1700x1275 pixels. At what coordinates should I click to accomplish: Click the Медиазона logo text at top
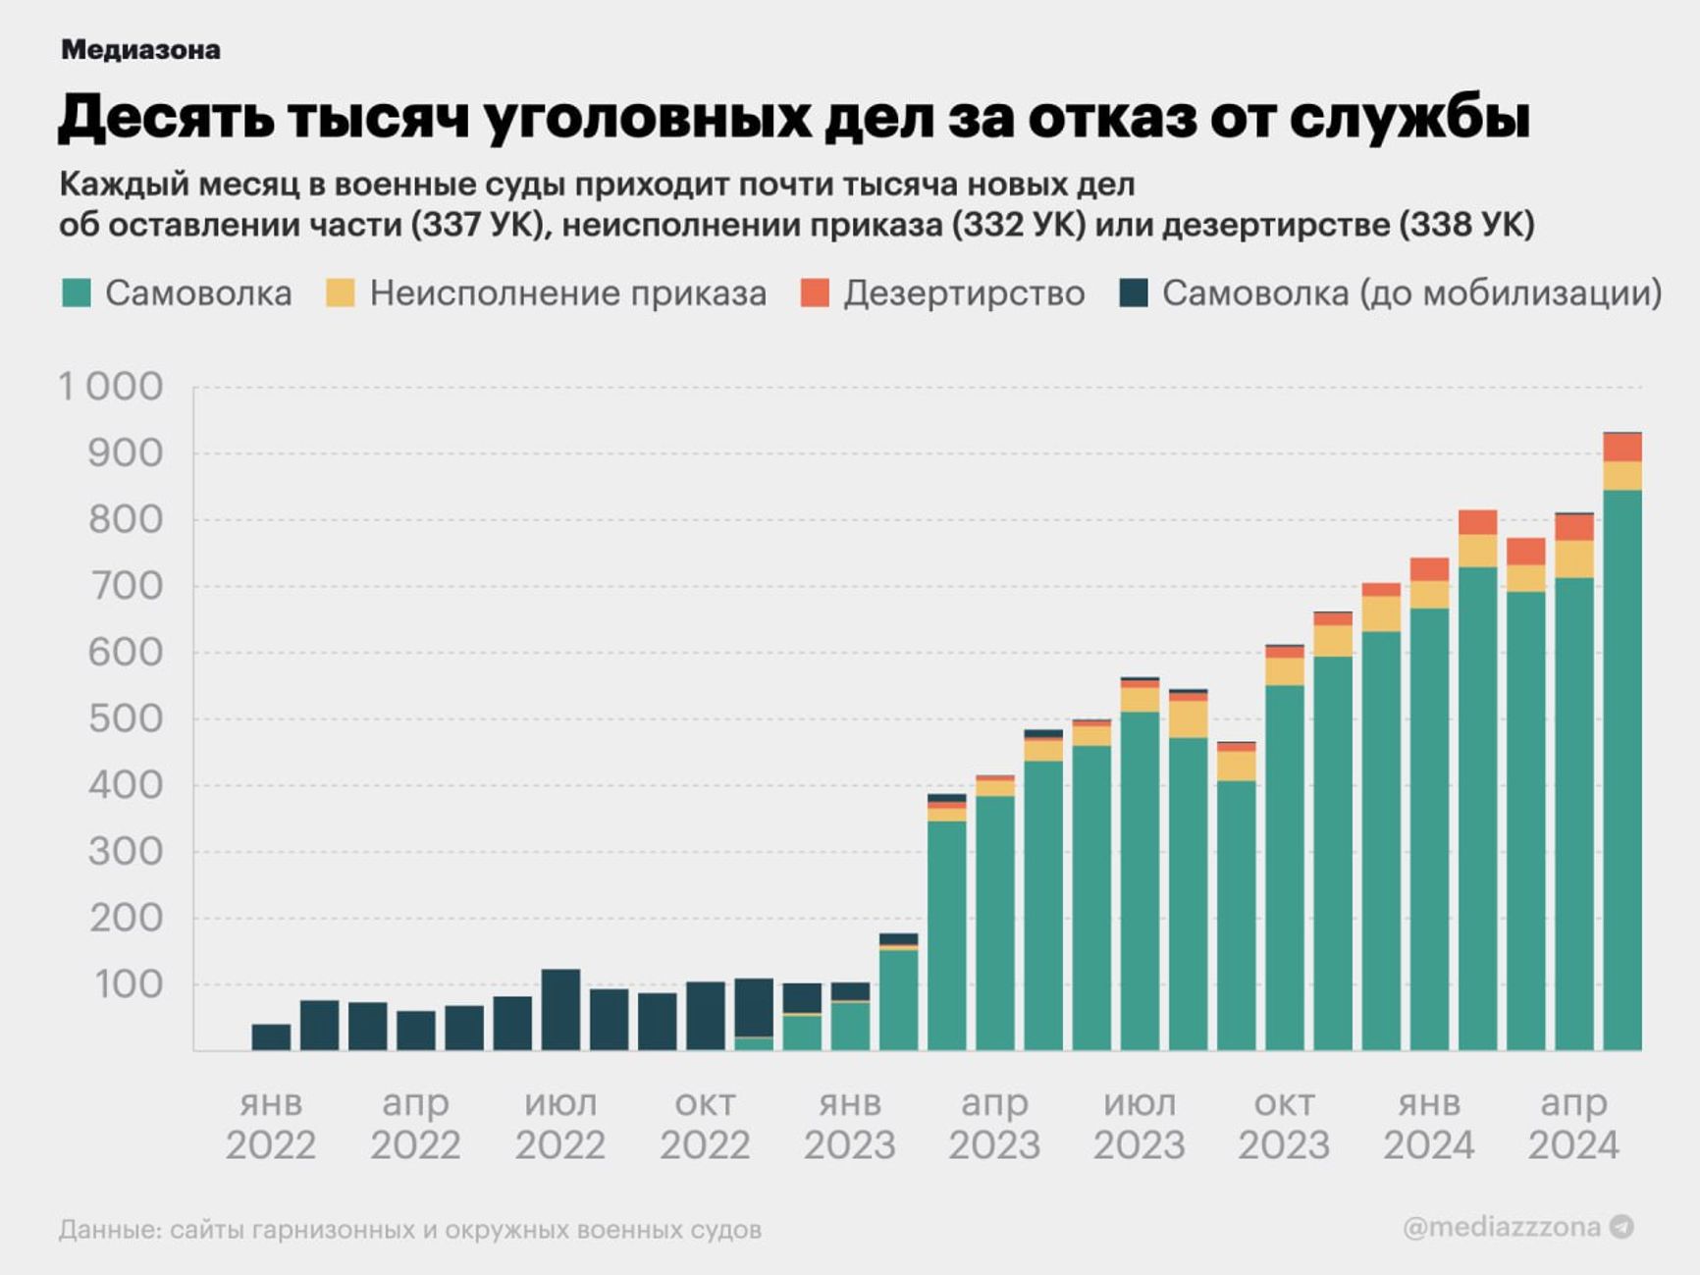tap(140, 50)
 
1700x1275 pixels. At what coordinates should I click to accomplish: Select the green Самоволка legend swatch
tap(77, 292)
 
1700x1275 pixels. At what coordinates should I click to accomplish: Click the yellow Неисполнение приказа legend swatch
tap(340, 292)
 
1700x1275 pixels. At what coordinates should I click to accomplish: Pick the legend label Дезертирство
tap(964, 292)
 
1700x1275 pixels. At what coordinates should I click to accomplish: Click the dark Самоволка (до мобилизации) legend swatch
tap(1134, 292)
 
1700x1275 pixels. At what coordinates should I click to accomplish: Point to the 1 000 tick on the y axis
tap(111, 387)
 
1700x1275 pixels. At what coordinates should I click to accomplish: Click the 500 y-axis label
tap(126, 718)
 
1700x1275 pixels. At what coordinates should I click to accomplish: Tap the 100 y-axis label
tap(129, 984)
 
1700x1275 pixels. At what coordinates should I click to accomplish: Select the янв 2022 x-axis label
tap(271, 1124)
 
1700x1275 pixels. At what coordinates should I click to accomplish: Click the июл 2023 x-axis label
tap(1140, 1124)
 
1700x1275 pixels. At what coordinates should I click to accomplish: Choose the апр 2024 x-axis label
tap(1573, 1124)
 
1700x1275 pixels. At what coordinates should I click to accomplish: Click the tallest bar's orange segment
tap(1622, 448)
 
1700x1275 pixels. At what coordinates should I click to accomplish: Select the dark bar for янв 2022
tap(271, 1037)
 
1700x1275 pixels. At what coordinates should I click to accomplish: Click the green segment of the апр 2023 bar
tap(995, 923)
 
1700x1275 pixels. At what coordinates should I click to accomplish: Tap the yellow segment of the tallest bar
tap(1622, 476)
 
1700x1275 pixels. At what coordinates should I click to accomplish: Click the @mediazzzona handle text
tap(1502, 1227)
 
